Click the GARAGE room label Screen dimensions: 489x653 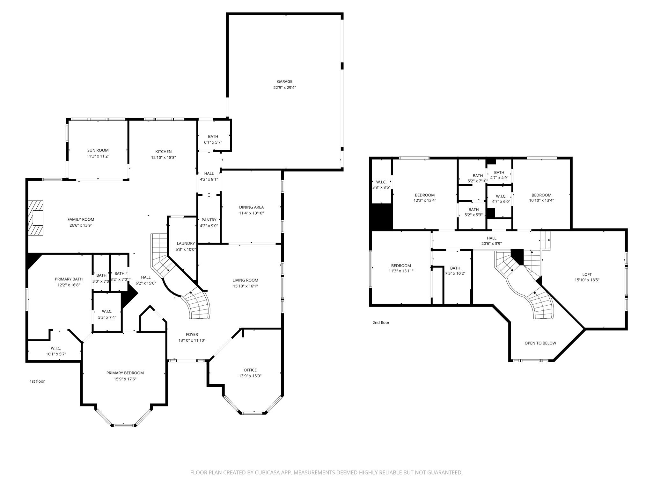tap(284, 81)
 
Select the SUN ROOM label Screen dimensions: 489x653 tap(98, 150)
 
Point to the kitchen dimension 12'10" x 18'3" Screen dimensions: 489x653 tap(164, 157)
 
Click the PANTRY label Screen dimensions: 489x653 tap(209, 220)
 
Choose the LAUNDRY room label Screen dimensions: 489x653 tap(186, 243)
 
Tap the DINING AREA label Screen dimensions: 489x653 tap(251, 207)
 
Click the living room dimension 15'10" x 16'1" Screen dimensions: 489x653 tap(245, 286)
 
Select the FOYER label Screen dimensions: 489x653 tap(192, 334)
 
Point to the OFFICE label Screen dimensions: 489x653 tap(250, 370)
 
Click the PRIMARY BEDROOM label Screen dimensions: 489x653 tap(125, 373)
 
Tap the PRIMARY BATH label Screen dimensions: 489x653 tap(69, 279)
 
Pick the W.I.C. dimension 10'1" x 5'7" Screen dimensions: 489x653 tap(56, 354)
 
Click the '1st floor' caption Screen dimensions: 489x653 tap(37, 381)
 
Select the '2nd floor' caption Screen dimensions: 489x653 tap(381, 322)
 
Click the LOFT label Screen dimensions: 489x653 tap(587, 274)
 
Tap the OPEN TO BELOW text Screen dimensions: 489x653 tap(540, 343)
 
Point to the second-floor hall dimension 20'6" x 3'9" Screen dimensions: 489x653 tap(491, 244)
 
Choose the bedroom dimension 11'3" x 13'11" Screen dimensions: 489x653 tap(401, 271)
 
